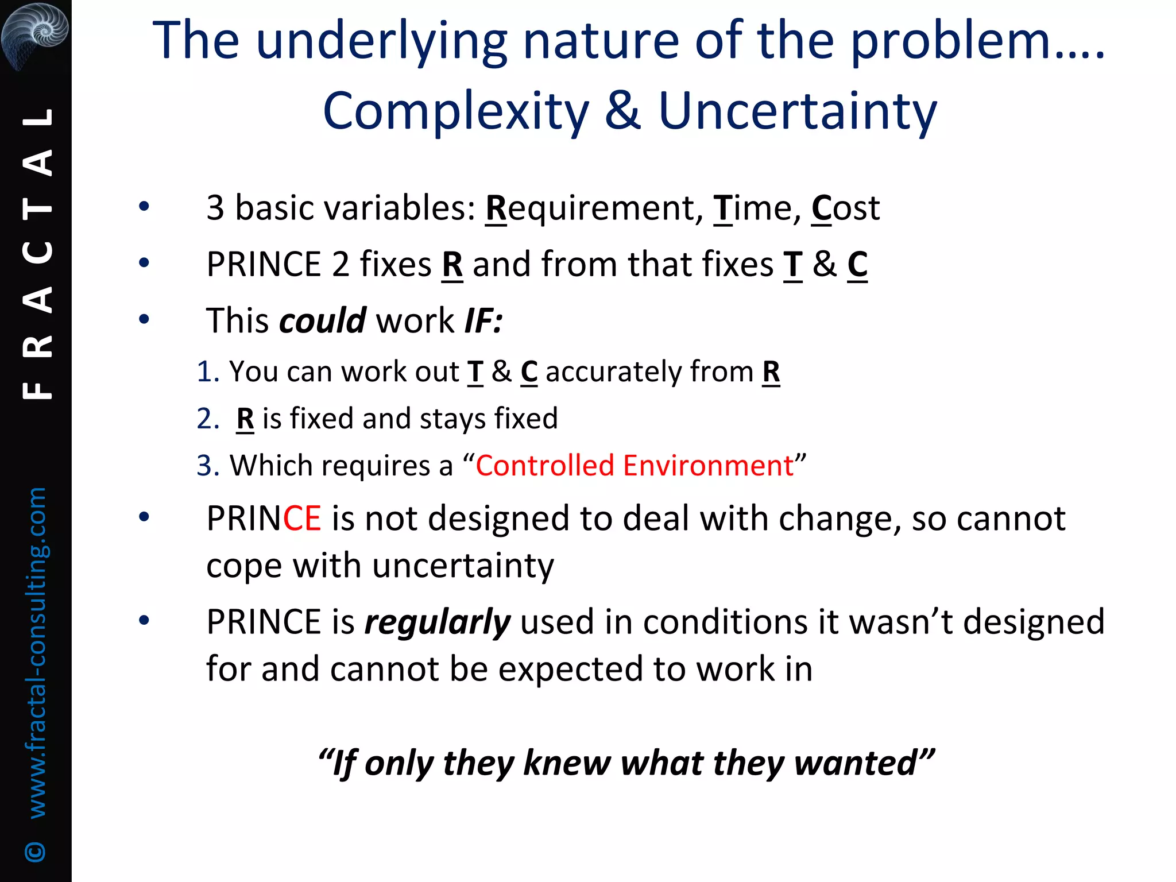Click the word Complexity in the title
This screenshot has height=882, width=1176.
point(456,111)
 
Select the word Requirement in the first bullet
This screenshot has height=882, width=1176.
point(594,208)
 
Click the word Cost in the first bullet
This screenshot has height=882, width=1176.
point(845,208)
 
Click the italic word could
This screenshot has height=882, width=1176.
point(322,320)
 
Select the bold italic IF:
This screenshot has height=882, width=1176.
point(483,320)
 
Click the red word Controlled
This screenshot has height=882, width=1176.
point(544,465)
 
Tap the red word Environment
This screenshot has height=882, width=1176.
point(708,465)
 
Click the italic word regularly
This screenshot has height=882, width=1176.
point(437,622)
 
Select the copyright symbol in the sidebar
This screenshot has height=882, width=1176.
point(36,852)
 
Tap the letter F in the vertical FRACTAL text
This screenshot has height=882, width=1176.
point(38,391)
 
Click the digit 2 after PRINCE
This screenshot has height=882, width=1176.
point(340,265)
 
